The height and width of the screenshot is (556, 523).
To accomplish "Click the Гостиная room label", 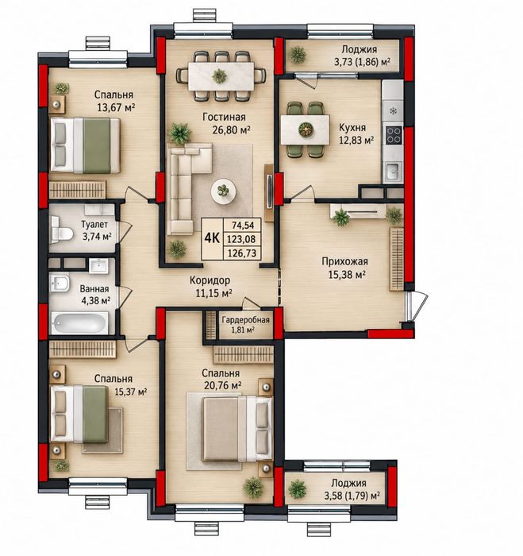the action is [x=224, y=117].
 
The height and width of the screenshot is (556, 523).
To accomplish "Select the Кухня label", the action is [x=352, y=127].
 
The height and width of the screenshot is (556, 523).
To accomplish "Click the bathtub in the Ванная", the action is [x=79, y=323].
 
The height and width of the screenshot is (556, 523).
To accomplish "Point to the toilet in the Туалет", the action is [x=62, y=233].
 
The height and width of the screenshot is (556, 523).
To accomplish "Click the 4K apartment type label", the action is [x=212, y=238].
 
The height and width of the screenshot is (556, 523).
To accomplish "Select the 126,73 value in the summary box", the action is [x=241, y=253].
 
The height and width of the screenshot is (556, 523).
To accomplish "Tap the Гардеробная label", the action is [x=245, y=320].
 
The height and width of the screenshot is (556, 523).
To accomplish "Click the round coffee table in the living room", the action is [x=224, y=191].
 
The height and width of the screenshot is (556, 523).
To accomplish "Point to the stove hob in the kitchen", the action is [x=394, y=135].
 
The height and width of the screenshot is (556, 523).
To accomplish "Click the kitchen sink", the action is [x=393, y=172].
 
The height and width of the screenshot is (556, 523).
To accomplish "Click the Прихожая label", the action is [x=344, y=261].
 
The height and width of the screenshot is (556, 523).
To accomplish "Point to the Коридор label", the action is [x=210, y=280].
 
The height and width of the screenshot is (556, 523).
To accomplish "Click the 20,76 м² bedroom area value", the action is [x=223, y=385].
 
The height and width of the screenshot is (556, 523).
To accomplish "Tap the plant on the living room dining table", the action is [x=219, y=76].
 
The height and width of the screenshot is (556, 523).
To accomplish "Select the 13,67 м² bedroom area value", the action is [x=117, y=107].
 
